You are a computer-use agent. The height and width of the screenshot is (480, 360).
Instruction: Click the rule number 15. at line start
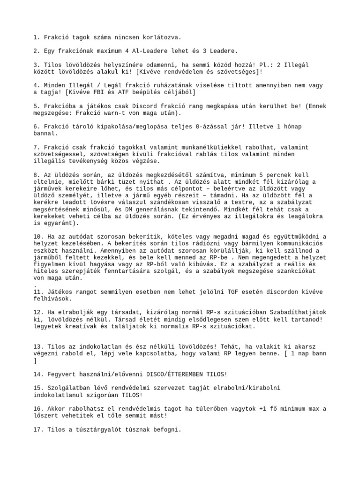tap(38, 388)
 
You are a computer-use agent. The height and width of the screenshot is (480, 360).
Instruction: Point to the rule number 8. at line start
tap(37, 174)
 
